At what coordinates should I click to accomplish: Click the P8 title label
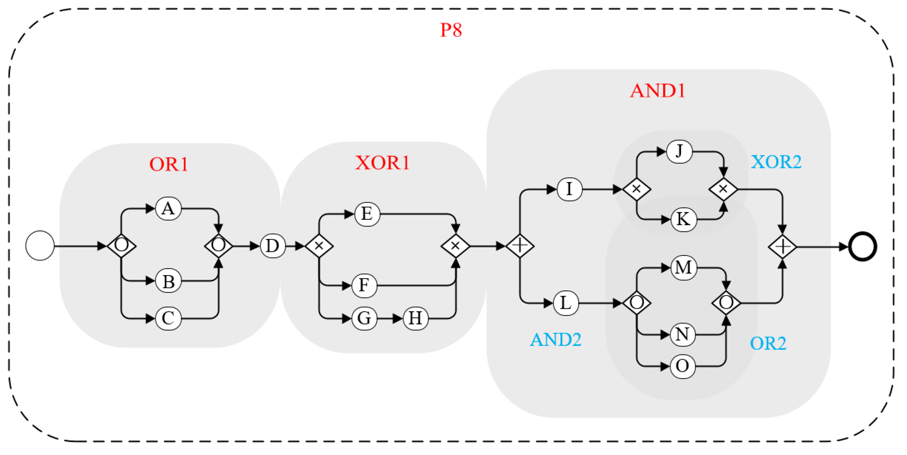click(x=451, y=30)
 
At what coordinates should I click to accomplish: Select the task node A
click(x=168, y=209)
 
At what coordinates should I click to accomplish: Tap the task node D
click(x=273, y=246)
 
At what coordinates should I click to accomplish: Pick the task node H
click(x=416, y=318)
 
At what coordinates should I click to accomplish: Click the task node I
click(x=569, y=189)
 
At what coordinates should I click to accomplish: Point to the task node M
click(x=683, y=268)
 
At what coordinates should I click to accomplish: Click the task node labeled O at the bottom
click(x=682, y=366)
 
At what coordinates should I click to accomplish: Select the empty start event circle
click(x=40, y=246)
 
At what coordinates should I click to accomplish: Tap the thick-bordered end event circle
click(x=862, y=246)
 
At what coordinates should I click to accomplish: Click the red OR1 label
click(x=169, y=164)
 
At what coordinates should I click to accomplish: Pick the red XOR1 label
click(x=382, y=163)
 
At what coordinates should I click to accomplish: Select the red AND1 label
click(x=657, y=91)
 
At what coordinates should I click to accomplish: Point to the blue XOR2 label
click(x=776, y=162)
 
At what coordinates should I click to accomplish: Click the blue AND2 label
click(x=555, y=340)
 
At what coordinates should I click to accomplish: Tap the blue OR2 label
click(x=768, y=343)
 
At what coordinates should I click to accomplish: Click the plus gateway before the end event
click(x=782, y=246)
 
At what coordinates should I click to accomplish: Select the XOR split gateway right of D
click(x=319, y=246)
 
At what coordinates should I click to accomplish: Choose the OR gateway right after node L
click(x=637, y=303)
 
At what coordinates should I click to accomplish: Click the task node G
click(x=364, y=318)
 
